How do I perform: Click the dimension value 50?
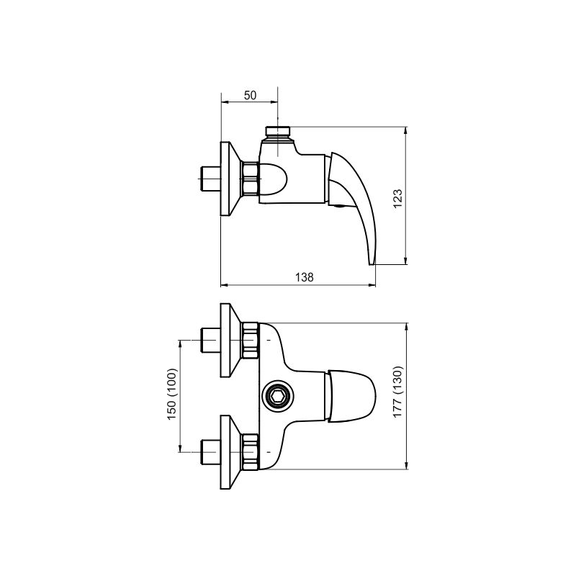click(x=250, y=95)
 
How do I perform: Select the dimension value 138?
click(x=305, y=277)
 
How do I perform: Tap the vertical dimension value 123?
click(x=398, y=199)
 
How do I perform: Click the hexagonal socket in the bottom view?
click(x=278, y=396)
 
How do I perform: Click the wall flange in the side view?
click(x=230, y=179)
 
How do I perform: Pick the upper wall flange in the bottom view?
click(x=230, y=340)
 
